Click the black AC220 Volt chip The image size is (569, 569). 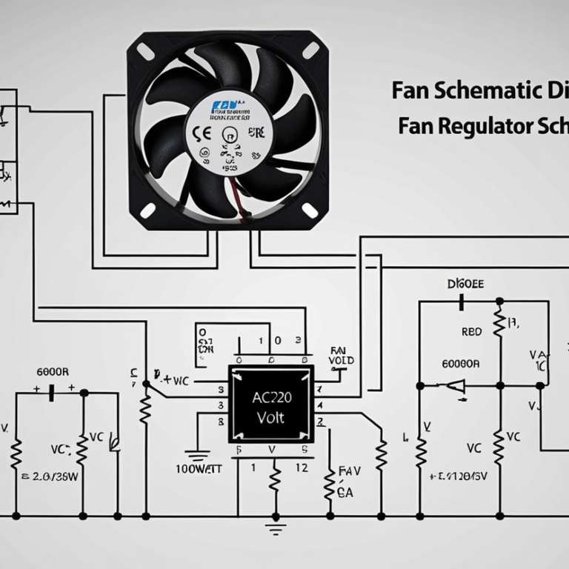pos(270,404)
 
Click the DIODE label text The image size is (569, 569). pos(465,284)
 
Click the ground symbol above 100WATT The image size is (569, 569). pos(196,454)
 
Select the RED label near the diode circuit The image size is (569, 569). pos(471,332)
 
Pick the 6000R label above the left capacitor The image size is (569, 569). pos(53,371)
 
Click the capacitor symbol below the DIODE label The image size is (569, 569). pos(462,302)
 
